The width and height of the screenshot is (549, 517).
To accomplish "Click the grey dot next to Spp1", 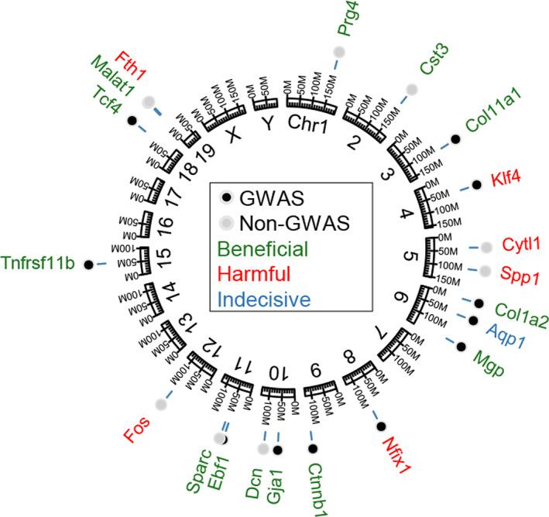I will click(x=486, y=271).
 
